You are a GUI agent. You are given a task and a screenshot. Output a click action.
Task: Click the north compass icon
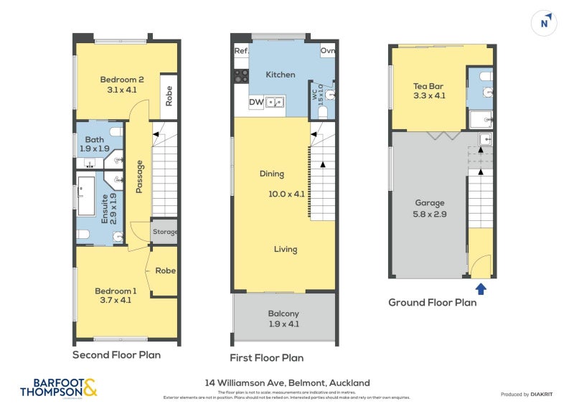[545, 23]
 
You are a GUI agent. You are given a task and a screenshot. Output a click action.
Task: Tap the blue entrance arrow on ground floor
[480, 288]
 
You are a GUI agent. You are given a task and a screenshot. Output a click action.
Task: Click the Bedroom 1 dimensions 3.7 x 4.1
[116, 301]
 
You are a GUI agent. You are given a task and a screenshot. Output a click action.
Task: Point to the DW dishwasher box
[255, 103]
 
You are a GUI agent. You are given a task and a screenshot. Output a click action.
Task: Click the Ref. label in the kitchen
[241, 51]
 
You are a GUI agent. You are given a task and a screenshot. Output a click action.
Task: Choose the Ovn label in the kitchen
[328, 51]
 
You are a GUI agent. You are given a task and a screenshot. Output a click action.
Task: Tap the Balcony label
[284, 314]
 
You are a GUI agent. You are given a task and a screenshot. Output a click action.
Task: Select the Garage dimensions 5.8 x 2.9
[430, 213]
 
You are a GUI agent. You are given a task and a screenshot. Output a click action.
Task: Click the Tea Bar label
[429, 86]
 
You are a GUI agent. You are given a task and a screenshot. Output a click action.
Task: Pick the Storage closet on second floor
[164, 232]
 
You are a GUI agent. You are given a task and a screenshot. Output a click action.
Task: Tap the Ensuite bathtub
[85, 195]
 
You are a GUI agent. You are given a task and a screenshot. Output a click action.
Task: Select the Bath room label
[95, 140]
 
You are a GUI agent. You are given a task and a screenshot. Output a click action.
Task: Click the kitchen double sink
[276, 103]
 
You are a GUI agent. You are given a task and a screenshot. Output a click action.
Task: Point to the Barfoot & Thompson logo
[58, 387]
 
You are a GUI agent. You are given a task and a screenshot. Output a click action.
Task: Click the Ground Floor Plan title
[432, 303]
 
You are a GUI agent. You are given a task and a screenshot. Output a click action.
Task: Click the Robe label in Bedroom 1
[166, 270]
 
